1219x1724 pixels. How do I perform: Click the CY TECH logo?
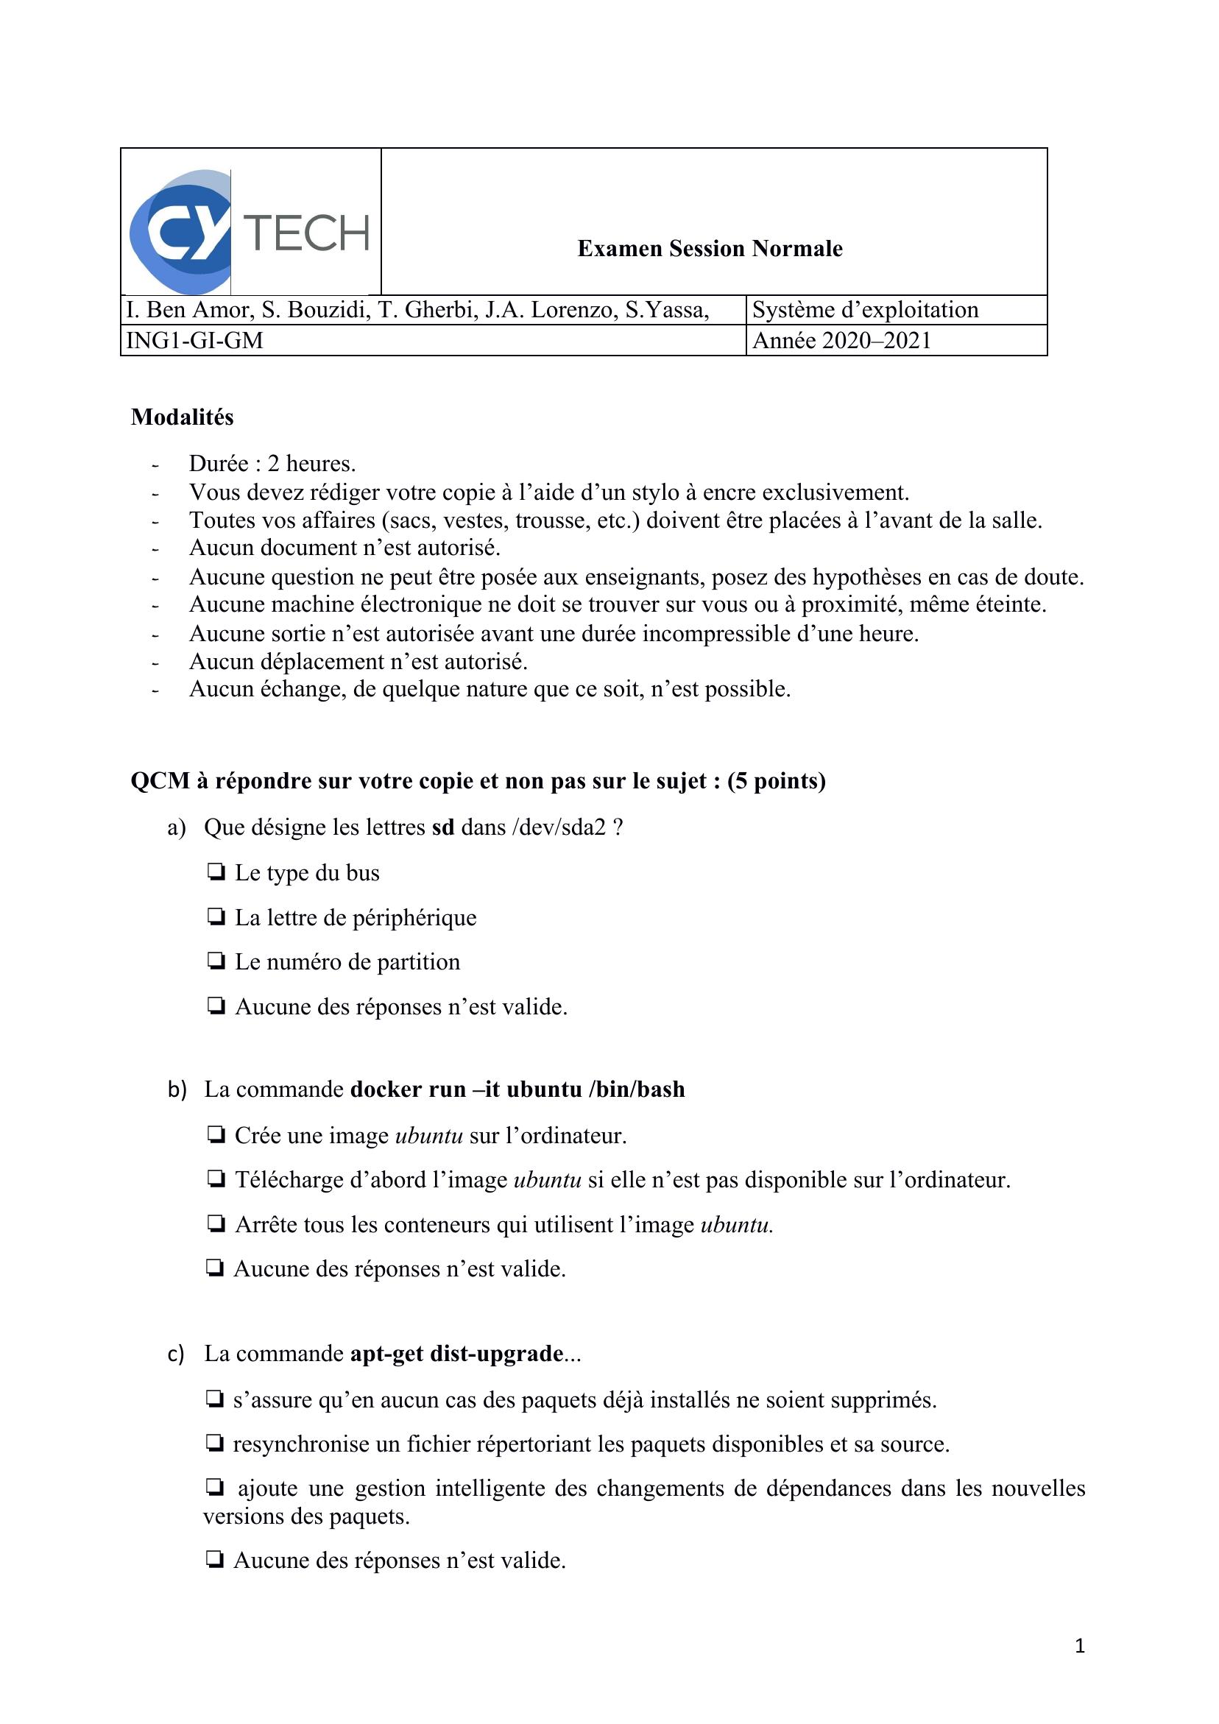(250, 232)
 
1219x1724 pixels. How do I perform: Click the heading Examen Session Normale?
(709, 249)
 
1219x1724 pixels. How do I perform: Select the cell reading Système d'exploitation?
(865, 310)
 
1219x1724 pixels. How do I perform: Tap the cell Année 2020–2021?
(841, 341)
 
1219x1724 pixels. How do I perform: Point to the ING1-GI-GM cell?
(194, 341)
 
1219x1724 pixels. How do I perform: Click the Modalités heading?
(183, 417)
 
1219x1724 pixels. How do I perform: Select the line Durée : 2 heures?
(272, 463)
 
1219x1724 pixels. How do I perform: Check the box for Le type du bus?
(216, 872)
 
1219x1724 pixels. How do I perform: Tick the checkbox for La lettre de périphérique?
(216, 916)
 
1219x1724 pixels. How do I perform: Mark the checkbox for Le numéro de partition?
(216, 961)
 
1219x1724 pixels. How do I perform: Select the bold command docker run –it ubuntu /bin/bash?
(517, 1089)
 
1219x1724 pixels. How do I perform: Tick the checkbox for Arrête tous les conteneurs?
(216, 1224)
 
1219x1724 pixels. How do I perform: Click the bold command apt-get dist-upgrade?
(456, 1354)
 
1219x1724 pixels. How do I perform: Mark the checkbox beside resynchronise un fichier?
(214, 1444)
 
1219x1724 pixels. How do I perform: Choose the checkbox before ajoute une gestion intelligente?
(214, 1488)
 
